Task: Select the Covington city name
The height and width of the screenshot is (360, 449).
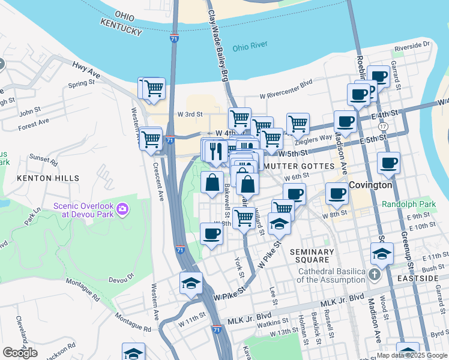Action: pos(370,185)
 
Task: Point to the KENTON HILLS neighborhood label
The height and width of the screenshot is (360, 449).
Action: pos(48,178)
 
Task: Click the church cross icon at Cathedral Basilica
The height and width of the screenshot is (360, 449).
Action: pos(375,275)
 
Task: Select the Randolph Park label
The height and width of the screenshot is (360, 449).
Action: pos(410,204)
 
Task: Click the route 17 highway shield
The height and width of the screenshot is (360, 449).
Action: pos(383,127)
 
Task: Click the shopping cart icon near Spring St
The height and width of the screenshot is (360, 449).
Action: pos(154,89)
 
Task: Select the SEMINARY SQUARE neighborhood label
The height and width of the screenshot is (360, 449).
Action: pos(312,256)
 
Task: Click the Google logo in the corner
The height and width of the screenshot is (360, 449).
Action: pos(20,352)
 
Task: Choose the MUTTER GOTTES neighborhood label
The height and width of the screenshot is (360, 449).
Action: pos(299,166)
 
